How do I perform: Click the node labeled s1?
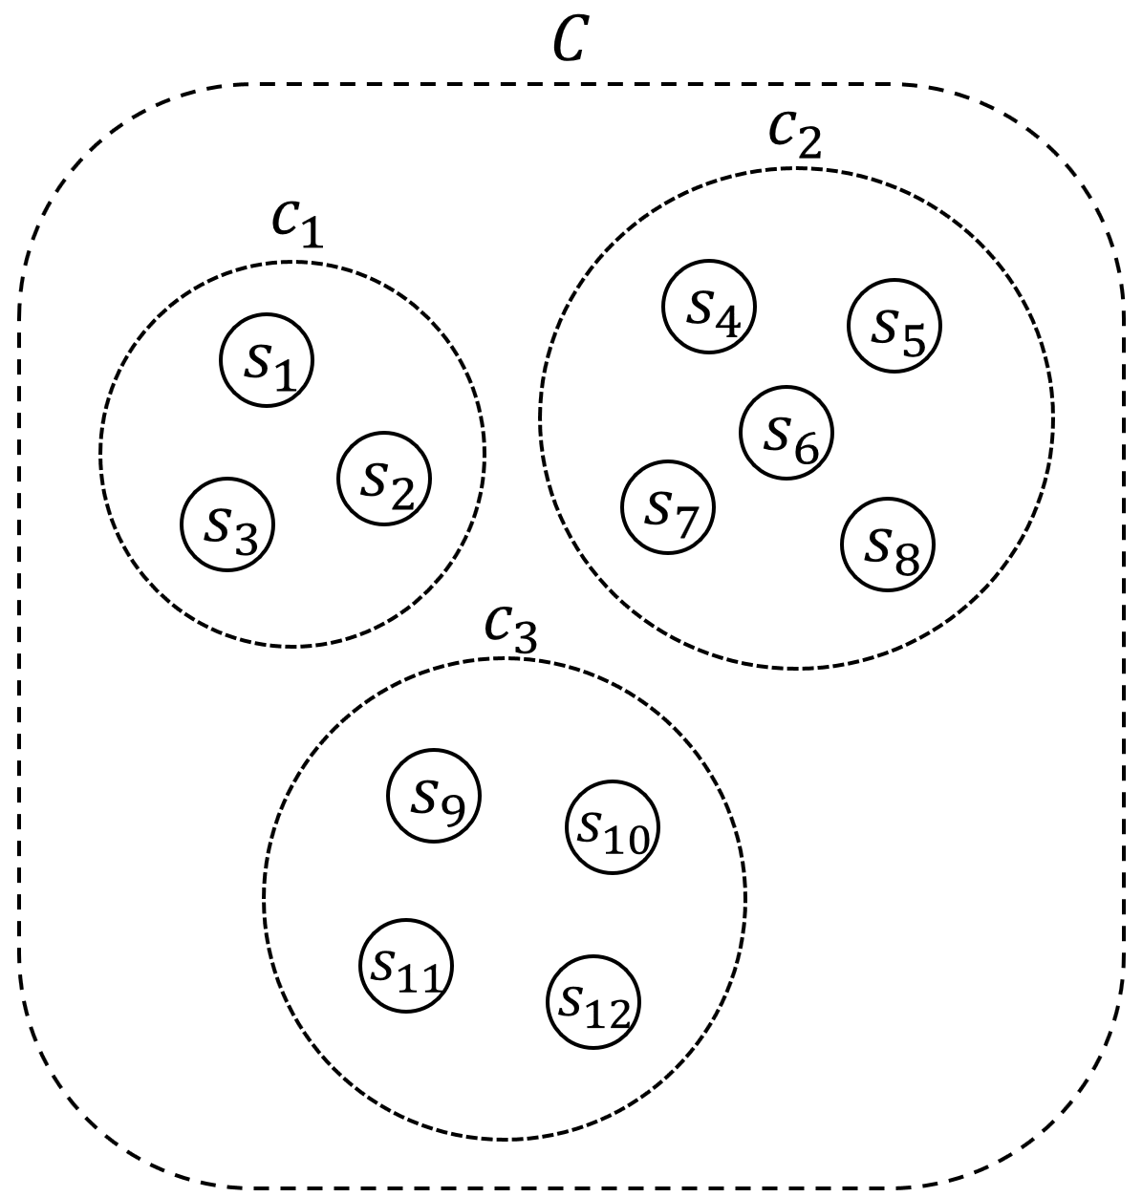click(268, 360)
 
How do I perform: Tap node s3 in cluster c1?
click(227, 524)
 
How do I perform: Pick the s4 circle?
click(709, 306)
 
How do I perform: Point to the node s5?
click(894, 326)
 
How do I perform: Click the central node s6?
click(786, 432)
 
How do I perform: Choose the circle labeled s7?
click(668, 506)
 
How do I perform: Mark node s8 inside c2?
click(888, 545)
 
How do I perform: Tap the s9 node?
click(433, 796)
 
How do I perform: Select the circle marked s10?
click(613, 827)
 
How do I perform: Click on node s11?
click(406, 965)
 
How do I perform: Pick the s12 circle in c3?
click(593, 1001)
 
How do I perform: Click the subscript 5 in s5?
click(913, 339)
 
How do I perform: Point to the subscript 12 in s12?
click(610, 1015)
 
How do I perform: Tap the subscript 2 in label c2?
click(809, 145)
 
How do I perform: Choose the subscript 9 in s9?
click(450, 808)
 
